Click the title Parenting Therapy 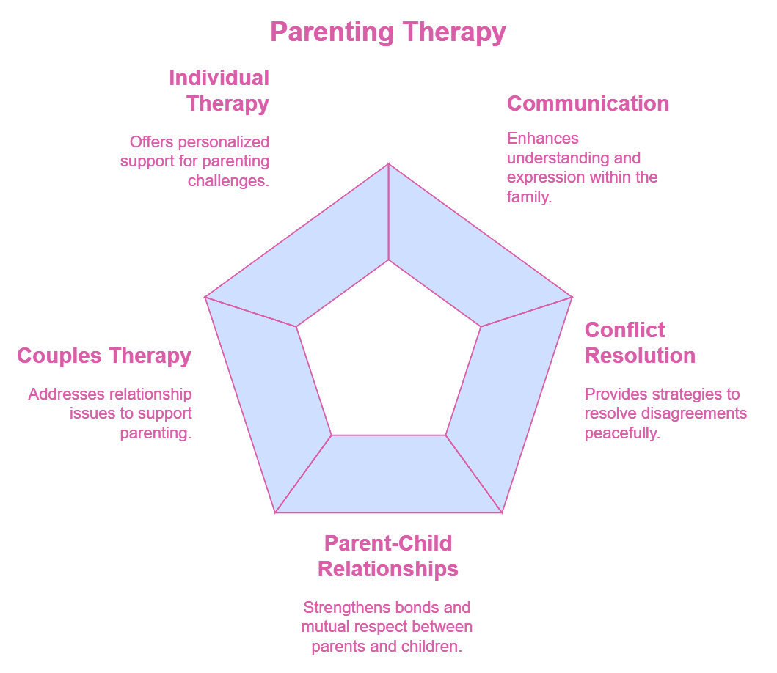point(387,32)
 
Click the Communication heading point(588,103)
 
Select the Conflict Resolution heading point(640,343)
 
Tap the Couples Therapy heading point(104,356)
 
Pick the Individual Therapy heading point(219,90)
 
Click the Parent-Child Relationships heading point(388,556)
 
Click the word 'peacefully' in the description point(621,433)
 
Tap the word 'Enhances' point(542,138)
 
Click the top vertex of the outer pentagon point(388,163)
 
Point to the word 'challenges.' point(228,180)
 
